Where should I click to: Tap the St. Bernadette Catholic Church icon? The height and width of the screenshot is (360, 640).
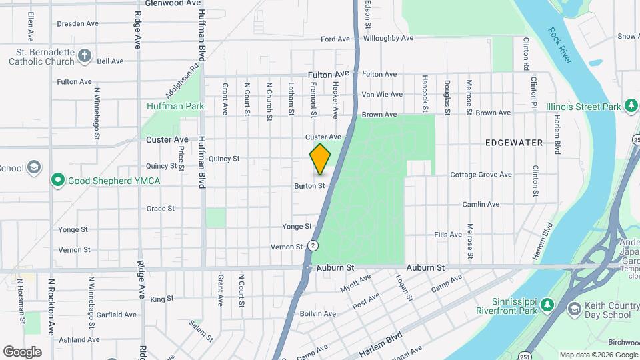coord(85,55)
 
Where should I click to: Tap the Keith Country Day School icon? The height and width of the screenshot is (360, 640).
coord(574,309)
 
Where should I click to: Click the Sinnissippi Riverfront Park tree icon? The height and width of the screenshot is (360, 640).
coord(547,305)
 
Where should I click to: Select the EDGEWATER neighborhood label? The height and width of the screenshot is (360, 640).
coord(514,143)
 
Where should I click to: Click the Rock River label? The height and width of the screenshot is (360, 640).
coord(560,45)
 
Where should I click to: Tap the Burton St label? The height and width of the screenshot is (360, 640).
coord(309,186)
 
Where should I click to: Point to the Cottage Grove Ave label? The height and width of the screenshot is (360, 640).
coord(481,175)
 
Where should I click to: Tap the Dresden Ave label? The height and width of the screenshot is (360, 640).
coord(77,23)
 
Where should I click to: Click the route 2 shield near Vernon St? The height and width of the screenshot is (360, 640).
coord(313,245)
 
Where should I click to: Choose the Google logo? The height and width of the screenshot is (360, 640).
coord(22,351)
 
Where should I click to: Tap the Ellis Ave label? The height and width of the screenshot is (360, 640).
coord(448,235)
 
